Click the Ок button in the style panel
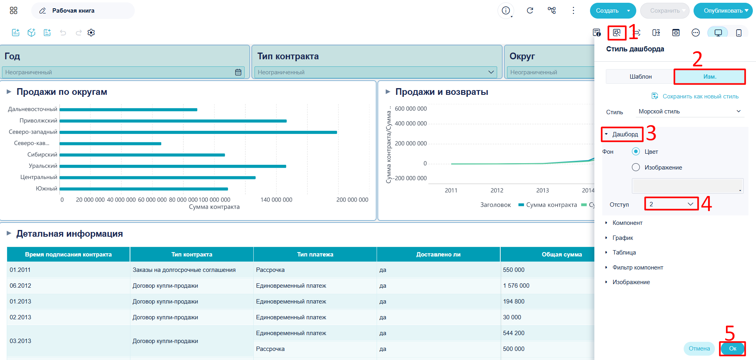(x=732, y=349)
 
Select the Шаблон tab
(x=640, y=77)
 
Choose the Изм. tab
(x=709, y=77)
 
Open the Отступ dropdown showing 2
(x=671, y=204)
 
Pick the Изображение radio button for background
(x=636, y=167)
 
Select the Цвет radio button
(x=636, y=151)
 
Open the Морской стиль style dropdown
(x=690, y=111)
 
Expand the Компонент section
(x=627, y=223)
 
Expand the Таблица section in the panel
(x=624, y=253)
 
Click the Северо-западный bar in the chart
(x=198, y=132)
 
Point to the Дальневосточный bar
(x=128, y=109)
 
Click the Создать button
(x=607, y=11)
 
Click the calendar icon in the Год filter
(x=238, y=72)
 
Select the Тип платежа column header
(x=315, y=254)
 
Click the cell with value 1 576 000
(x=516, y=286)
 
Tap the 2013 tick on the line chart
(x=542, y=190)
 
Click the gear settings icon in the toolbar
(x=91, y=33)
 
